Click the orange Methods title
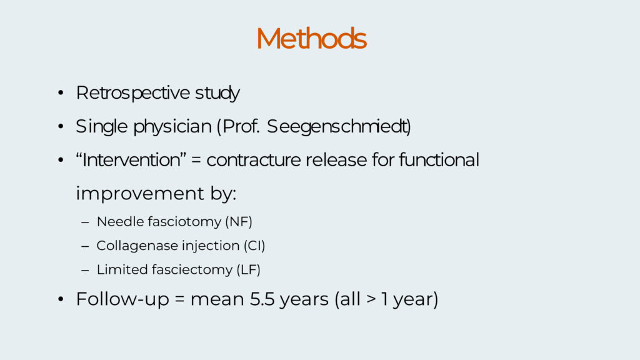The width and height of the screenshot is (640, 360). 311,38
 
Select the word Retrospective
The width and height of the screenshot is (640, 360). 132,93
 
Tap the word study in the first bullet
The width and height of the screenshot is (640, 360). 217,93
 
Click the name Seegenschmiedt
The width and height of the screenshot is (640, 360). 338,126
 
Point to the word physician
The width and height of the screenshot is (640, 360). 172,126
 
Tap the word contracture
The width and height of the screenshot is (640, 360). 254,160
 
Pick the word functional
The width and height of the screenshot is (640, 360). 439,159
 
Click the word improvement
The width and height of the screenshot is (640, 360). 140,194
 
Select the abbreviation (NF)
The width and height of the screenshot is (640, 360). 239,222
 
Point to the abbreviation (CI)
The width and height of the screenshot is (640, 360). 254,246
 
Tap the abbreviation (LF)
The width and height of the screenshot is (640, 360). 248,270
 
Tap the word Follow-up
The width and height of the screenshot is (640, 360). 122,299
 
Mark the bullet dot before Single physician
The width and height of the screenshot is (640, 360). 61,126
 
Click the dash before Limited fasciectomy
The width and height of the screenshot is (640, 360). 85,270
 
